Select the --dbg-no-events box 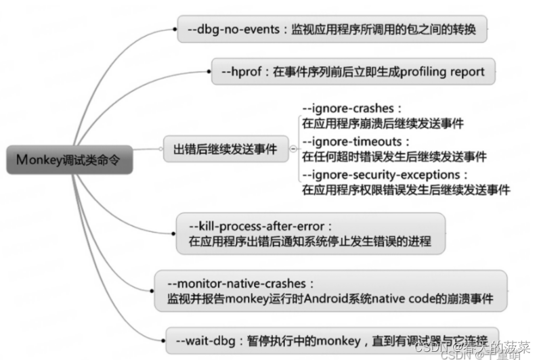coord(332,30)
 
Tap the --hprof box coord(353,71)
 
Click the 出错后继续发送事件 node coord(226,149)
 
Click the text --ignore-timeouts coord(356,141)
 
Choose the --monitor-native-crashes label coord(241,282)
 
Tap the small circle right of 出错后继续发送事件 coord(292,149)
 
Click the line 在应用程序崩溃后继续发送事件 coord(383,124)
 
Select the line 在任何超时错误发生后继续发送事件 coord(393,157)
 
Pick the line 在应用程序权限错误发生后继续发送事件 coord(405,191)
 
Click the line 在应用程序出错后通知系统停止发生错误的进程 coord(309,242)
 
